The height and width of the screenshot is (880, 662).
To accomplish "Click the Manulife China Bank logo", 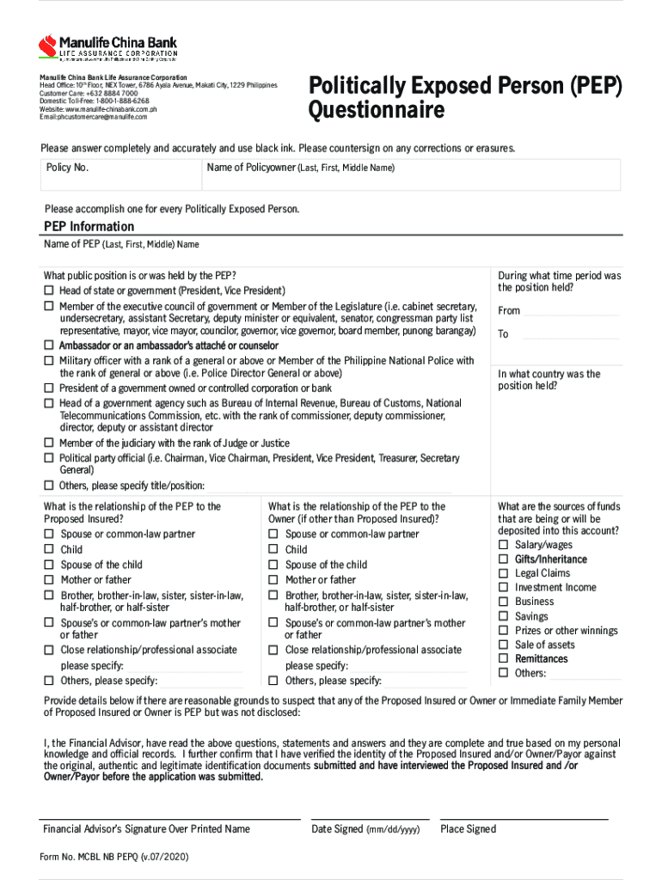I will [x=107, y=47].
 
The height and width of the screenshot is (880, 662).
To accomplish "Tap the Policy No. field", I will [x=120, y=174].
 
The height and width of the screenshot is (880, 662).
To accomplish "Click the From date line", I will [x=570, y=312].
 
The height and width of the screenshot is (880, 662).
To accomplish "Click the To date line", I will [x=570, y=335].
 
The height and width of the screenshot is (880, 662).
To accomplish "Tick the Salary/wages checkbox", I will [x=504, y=546].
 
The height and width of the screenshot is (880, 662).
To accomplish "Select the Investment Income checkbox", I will [x=504, y=588].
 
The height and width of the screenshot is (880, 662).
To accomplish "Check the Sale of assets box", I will [x=504, y=645].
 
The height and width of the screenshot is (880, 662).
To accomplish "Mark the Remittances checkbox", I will [x=504, y=659].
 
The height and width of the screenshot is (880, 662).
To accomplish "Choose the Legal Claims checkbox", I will [x=504, y=573].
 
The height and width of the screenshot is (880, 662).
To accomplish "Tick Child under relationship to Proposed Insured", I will [x=49, y=550].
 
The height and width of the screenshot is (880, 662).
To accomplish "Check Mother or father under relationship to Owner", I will [x=273, y=580].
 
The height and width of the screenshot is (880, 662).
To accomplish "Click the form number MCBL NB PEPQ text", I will [x=114, y=857].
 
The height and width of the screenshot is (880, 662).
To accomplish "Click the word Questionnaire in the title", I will [x=377, y=112].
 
